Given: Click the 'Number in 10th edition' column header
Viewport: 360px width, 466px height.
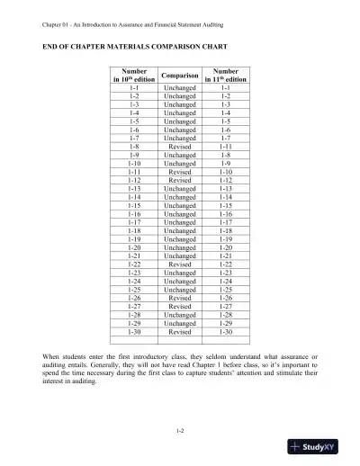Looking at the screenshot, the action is click(134, 74).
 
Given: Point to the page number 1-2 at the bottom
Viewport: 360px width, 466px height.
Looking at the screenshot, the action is click(180, 432).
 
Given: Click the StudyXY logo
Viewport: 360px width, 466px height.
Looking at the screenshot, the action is click(322, 447).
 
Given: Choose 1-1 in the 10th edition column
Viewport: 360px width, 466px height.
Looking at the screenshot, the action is click(134, 87).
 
